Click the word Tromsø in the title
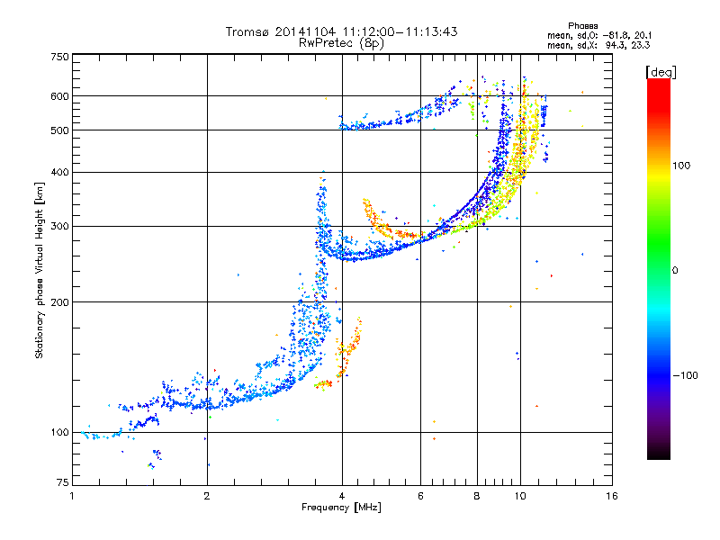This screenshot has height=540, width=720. (x=247, y=31)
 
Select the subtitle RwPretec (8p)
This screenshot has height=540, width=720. (x=341, y=42)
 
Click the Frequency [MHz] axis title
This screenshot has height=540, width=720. (x=341, y=508)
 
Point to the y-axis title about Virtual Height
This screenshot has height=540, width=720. (x=40, y=270)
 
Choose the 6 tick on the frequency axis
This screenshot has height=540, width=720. (x=420, y=496)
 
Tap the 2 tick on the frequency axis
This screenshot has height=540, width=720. (x=207, y=496)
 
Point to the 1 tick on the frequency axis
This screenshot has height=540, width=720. (x=72, y=496)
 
